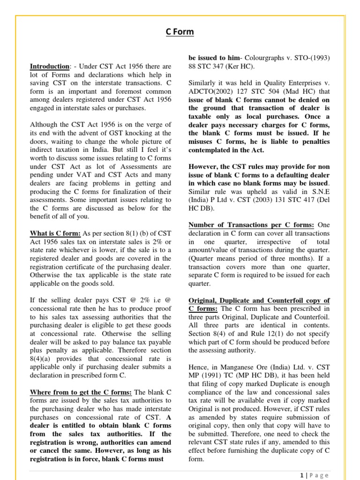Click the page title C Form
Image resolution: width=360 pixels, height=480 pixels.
coord(180,32)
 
